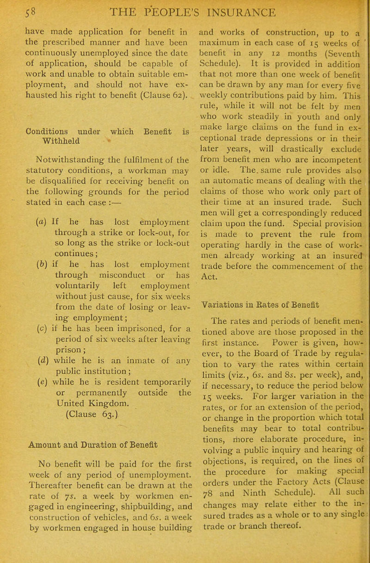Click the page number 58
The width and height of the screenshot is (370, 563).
tap(11, 11)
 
